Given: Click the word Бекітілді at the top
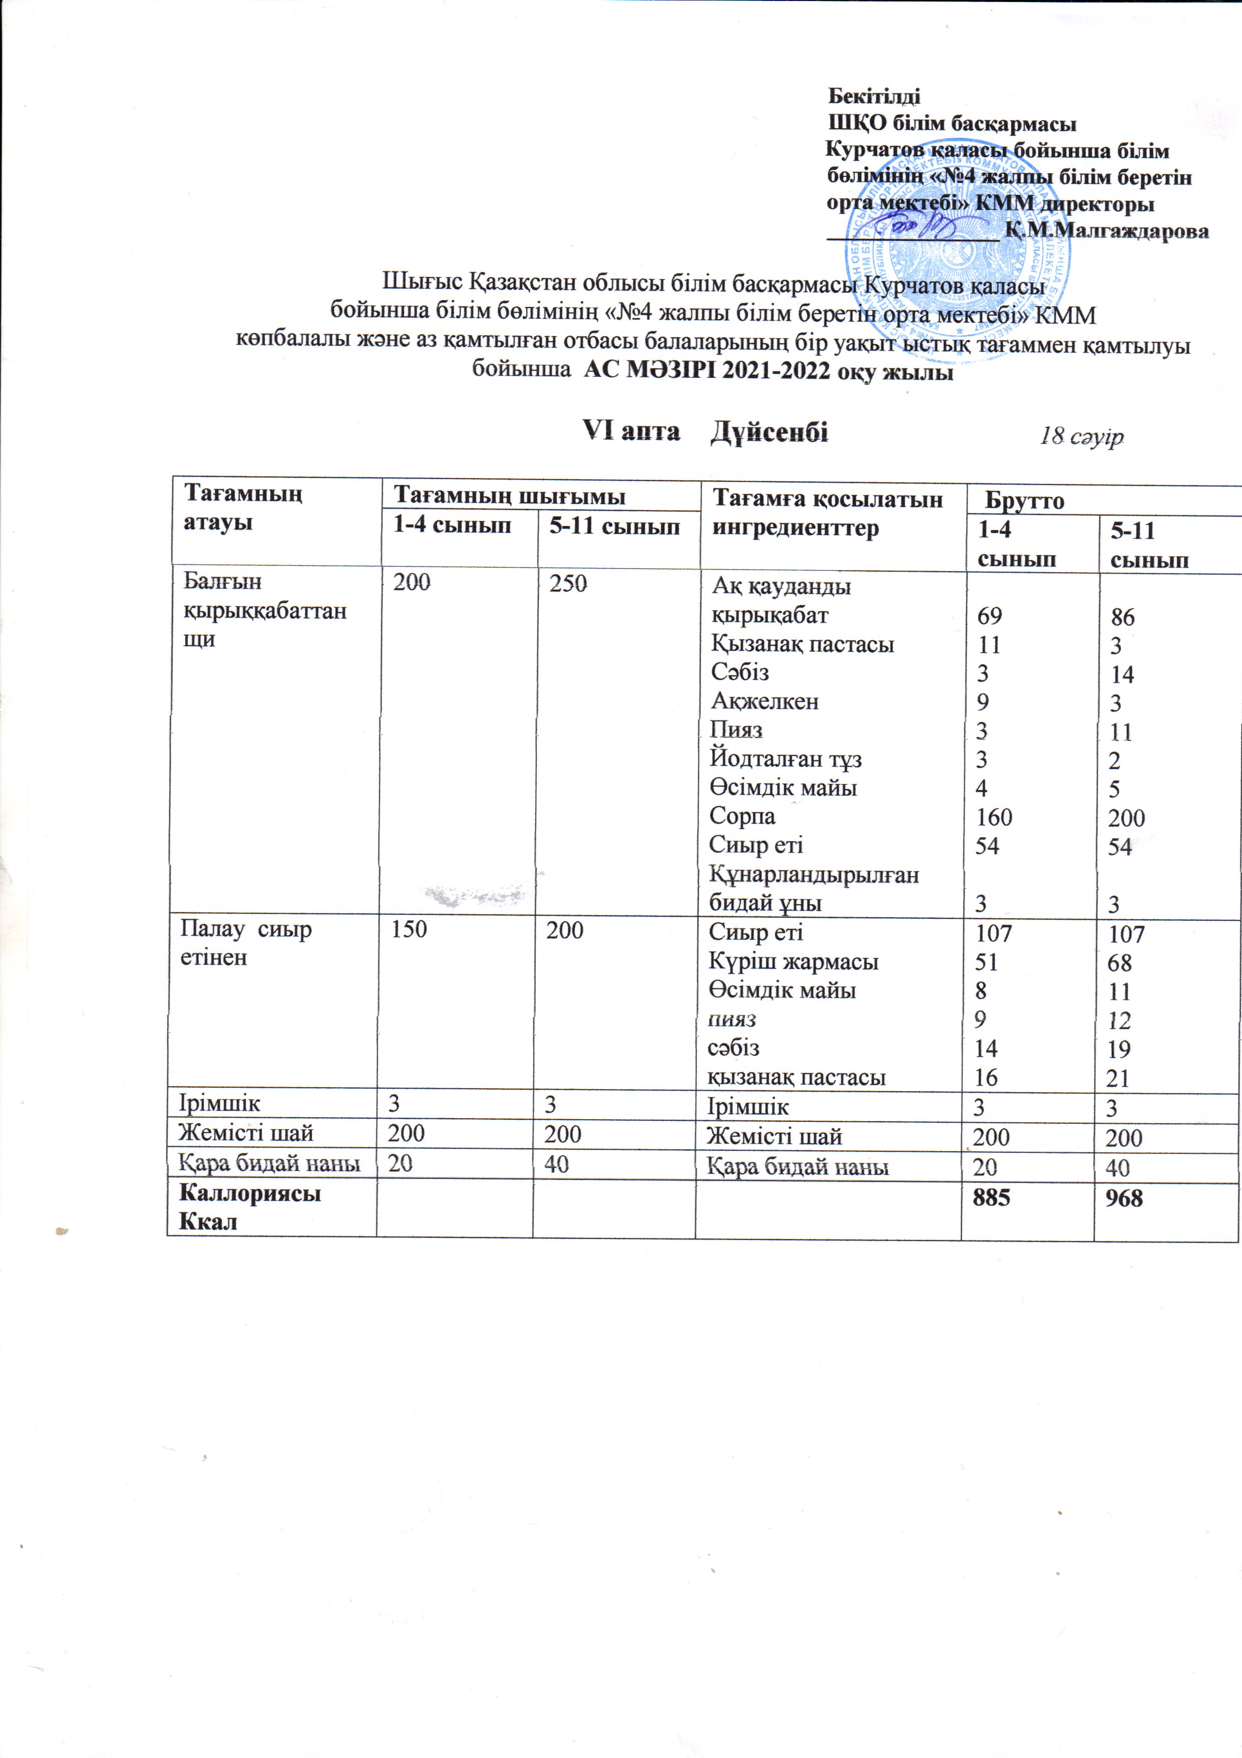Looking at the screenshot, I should (x=875, y=97).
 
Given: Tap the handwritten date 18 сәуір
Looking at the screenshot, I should (x=1080, y=436).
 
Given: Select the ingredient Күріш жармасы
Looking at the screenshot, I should (x=793, y=962).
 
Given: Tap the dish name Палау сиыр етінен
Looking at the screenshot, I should (x=246, y=943).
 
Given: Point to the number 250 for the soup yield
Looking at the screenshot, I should (x=568, y=584).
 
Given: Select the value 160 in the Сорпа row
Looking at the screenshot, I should (x=994, y=817).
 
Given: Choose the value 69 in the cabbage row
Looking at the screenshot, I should (x=990, y=616).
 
